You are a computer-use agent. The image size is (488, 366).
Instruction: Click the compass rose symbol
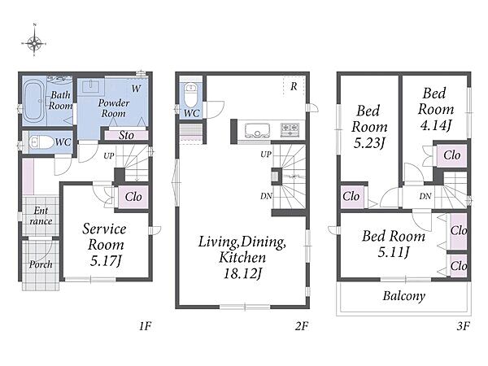pyautogui.click(x=34, y=42)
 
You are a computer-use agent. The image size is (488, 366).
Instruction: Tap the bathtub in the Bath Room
pyautogui.click(x=33, y=100)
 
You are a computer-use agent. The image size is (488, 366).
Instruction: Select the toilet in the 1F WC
pyautogui.click(x=41, y=143)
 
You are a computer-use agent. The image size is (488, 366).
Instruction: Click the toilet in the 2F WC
pyautogui.click(x=190, y=94)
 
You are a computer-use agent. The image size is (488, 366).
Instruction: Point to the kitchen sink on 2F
pyautogui.click(x=257, y=130)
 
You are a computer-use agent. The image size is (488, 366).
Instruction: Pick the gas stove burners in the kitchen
pyautogui.click(x=290, y=130)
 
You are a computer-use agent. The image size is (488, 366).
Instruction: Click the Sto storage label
pyautogui.click(x=126, y=135)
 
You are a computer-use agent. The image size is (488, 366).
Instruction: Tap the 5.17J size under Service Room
pyautogui.click(x=106, y=261)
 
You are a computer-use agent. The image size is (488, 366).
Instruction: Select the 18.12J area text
pyautogui.click(x=242, y=273)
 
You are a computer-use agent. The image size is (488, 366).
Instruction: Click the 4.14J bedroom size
pyautogui.click(x=435, y=125)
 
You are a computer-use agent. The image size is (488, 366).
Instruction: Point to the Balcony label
pyautogui.click(x=404, y=296)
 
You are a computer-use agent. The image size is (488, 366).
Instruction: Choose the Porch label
pyautogui.click(x=41, y=264)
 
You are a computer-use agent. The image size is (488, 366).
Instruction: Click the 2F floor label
pyautogui.click(x=301, y=326)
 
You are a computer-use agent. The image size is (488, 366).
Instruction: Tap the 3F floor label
pyautogui.click(x=463, y=326)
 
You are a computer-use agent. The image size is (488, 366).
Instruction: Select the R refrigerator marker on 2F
pyautogui.click(x=294, y=86)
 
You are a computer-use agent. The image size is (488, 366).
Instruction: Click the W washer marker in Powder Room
pyautogui.click(x=136, y=89)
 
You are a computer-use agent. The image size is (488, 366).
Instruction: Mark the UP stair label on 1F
pyautogui.click(x=109, y=156)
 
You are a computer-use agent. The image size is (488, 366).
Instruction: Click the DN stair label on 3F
pyautogui.click(x=425, y=196)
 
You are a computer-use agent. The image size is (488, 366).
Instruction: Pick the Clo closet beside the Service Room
pyautogui.click(x=133, y=197)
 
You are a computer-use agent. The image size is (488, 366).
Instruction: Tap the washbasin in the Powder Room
pyautogui.click(x=90, y=86)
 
